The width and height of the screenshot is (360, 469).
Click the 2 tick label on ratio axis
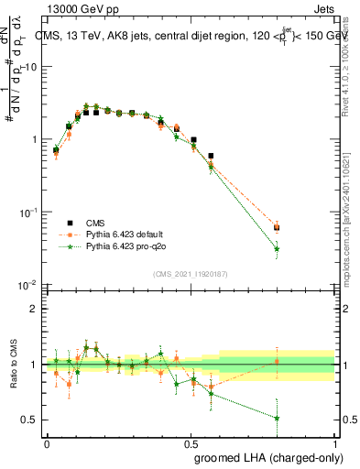pyautogui.click(x=33, y=310)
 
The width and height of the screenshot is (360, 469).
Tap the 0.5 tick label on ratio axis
pyautogui.click(x=29, y=420)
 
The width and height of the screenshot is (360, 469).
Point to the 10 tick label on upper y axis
pyautogui.click(x=29, y=67)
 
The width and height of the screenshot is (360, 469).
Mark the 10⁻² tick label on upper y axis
pyautogui.click(x=27, y=285)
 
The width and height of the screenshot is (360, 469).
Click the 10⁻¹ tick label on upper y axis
pyautogui.click(x=27, y=213)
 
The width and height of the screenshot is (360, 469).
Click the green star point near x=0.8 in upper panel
pyautogui.click(x=277, y=248)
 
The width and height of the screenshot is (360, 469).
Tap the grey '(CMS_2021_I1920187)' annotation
pyautogui.click(x=190, y=273)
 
